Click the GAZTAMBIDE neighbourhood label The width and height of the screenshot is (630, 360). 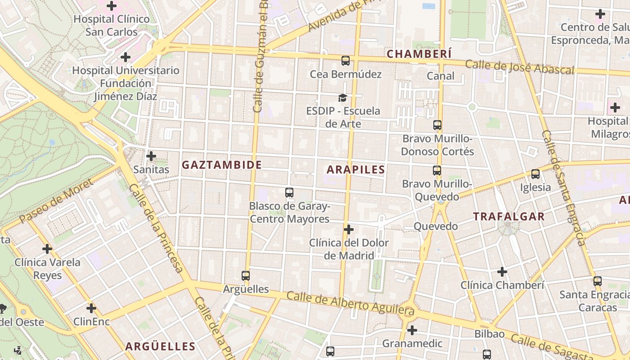coord(221,165)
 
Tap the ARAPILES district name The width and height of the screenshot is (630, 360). coord(355,170)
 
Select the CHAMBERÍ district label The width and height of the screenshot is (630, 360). coord(419,54)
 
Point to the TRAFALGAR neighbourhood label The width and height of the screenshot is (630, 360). coord(508,216)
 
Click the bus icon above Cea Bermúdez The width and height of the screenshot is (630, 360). coord(346,61)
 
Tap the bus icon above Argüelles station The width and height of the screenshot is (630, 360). coord(245,276)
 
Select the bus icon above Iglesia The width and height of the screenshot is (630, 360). coord(535,174)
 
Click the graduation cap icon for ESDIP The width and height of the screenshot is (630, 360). coord(343,98)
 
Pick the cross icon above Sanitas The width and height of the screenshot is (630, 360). coord(151,156)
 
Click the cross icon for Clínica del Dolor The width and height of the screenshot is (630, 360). coord(348,229)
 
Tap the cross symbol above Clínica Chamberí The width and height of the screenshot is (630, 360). coord(502,272)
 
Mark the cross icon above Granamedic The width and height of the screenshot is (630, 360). coord(412,330)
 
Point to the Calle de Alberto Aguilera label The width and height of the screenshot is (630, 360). coord(350,303)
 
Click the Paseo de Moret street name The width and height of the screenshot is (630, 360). coord(56,201)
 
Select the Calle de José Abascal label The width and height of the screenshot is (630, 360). coord(519,67)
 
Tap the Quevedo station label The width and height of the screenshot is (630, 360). coord(435,226)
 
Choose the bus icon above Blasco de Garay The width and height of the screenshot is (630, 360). coord(289,193)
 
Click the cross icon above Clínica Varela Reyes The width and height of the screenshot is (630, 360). coord(47,248)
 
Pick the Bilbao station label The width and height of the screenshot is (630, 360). coord(489,334)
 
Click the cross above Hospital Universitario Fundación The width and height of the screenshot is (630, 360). coord(126,57)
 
